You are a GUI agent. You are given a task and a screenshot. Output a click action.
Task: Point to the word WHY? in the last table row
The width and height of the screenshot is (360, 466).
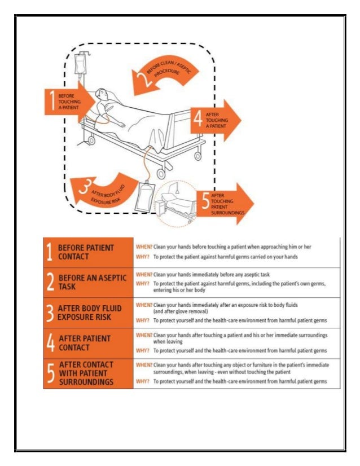pos(143,381)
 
